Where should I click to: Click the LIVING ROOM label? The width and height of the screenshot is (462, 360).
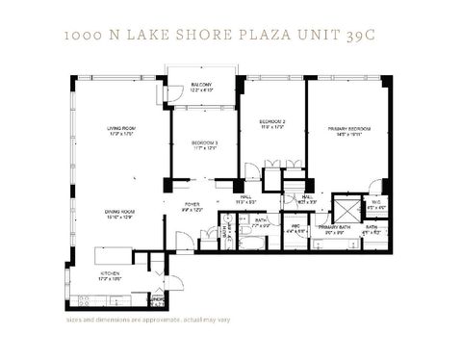pos(120,129)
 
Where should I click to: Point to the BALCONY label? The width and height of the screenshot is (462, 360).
pos(201,86)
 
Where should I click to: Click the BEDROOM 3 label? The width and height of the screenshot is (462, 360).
pos(202,143)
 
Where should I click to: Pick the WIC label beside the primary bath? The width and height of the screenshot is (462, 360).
pos(296,229)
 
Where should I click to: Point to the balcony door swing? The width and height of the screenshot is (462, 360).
pos(177,94)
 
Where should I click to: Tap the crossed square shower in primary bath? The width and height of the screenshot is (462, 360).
pos(344,208)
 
